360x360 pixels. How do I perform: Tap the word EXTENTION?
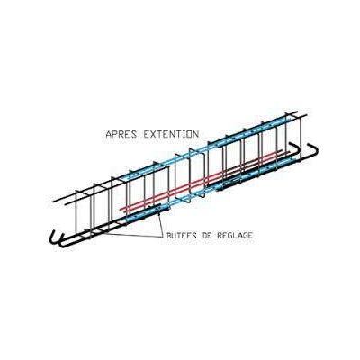point(171,134)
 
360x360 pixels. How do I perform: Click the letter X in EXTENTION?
point(153,134)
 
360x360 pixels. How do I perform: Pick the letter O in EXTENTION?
point(189,134)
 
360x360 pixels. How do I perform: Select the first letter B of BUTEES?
point(169,236)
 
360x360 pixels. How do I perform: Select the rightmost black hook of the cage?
point(315,150)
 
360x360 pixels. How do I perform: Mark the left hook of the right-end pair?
point(295,148)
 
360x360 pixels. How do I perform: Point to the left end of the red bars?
point(121,209)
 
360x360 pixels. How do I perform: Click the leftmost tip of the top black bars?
point(53,201)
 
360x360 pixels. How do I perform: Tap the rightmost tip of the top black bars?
point(306,115)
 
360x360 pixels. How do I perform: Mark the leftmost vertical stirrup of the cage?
point(76,214)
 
